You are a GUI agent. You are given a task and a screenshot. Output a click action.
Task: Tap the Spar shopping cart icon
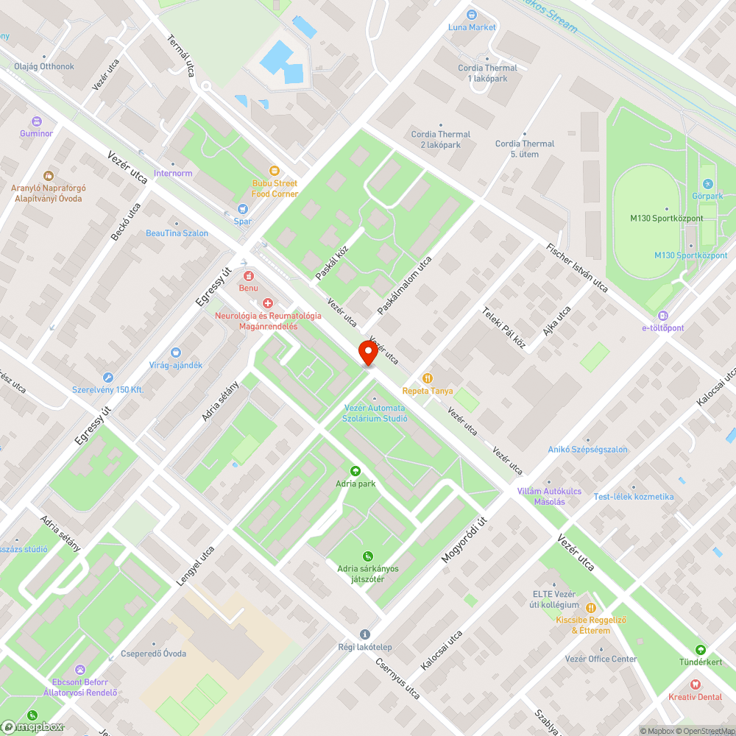(x=243, y=209)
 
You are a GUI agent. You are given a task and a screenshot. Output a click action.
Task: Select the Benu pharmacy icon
(x=248, y=276)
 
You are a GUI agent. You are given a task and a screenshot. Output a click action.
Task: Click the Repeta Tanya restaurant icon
(x=428, y=378)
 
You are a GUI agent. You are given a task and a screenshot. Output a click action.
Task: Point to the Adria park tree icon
(x=355, y=471)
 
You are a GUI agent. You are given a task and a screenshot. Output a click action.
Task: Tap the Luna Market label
(x=473, y=27)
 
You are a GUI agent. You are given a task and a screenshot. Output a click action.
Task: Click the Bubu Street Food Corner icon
(x=275, y=170)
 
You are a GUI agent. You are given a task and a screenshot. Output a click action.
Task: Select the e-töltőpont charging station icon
(x=662, y=315)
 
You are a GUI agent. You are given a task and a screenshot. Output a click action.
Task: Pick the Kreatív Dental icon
(x=695, y=684)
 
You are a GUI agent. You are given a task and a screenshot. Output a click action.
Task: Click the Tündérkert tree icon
(x=701, y=650)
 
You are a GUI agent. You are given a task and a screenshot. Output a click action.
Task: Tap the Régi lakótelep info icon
(x=365, y=634)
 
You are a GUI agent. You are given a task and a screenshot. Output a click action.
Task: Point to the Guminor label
(x=36, y=133)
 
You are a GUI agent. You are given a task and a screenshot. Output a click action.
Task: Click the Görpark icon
(x=708, y=183)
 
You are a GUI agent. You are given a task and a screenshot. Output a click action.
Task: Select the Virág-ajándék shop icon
(x=175, y=353)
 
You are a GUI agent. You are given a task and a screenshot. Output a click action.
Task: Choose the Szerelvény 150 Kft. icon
(x=107, y=378)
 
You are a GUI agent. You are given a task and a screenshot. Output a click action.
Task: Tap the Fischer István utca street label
(x=578, y=267)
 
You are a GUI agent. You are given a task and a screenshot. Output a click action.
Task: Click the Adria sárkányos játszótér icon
(x=367, y=556)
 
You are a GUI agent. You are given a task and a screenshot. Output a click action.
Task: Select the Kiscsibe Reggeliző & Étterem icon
(x=590, y=608)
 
